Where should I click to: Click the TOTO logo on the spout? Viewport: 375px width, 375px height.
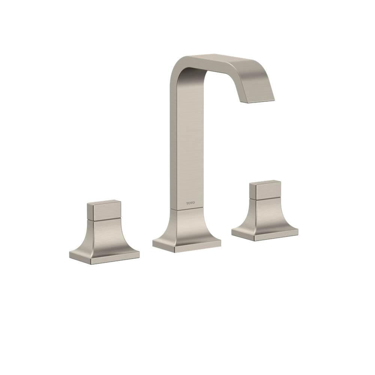click(190, 203)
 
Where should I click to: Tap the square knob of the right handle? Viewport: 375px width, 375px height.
click(266, 190)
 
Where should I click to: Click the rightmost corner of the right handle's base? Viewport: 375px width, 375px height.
click(298, 229)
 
